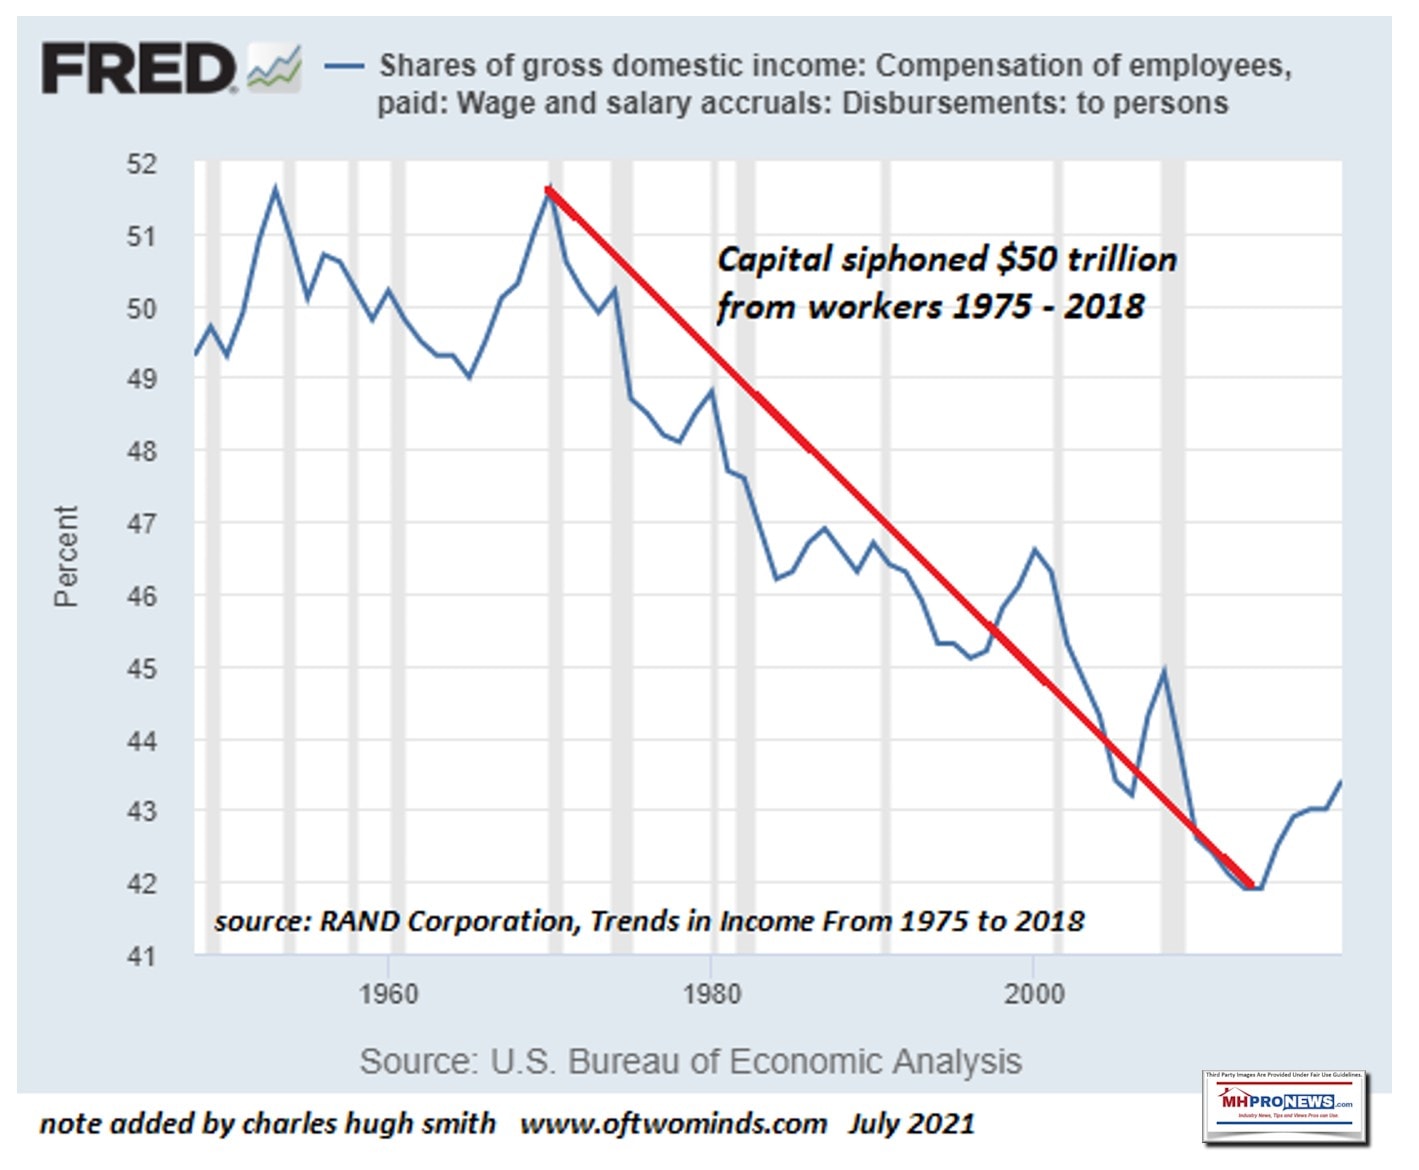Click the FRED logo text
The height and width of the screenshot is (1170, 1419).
click(x=137, y=69)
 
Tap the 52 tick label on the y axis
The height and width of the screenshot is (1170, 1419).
click(x=142, y=164)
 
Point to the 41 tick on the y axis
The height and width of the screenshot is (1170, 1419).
click(x=142, y=956)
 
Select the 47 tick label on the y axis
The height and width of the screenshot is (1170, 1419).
click(x=142, y=523)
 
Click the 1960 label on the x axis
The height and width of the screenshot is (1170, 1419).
click(x=388, y=994)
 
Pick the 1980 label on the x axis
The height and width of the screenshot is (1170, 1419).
click(x=711, y=994)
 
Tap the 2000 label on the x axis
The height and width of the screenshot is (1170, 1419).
click(x=1034, y=994)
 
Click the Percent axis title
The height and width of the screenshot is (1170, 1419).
click(x=66, y=556)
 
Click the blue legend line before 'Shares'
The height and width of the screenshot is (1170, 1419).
click(x=344, y=66)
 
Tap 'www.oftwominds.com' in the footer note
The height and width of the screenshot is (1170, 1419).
click(x=673, y=1123)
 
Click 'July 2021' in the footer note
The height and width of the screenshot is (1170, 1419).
click(x=911, y=1123)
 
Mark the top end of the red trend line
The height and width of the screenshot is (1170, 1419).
click(x=548, y=188)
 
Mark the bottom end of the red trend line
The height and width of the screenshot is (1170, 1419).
click(x=1251, y=885)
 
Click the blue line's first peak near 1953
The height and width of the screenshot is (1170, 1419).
click(x=276, y=188)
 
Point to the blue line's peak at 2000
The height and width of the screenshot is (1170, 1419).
click(x=1035, y=549)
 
